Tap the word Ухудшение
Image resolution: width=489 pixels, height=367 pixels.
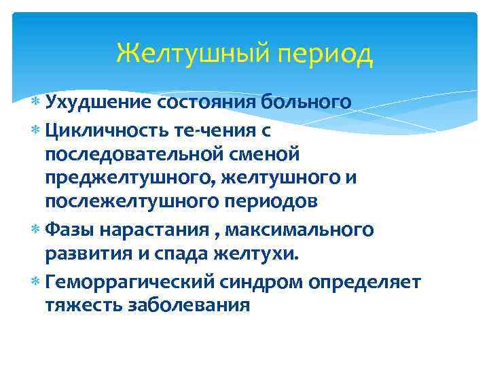[98, 103]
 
